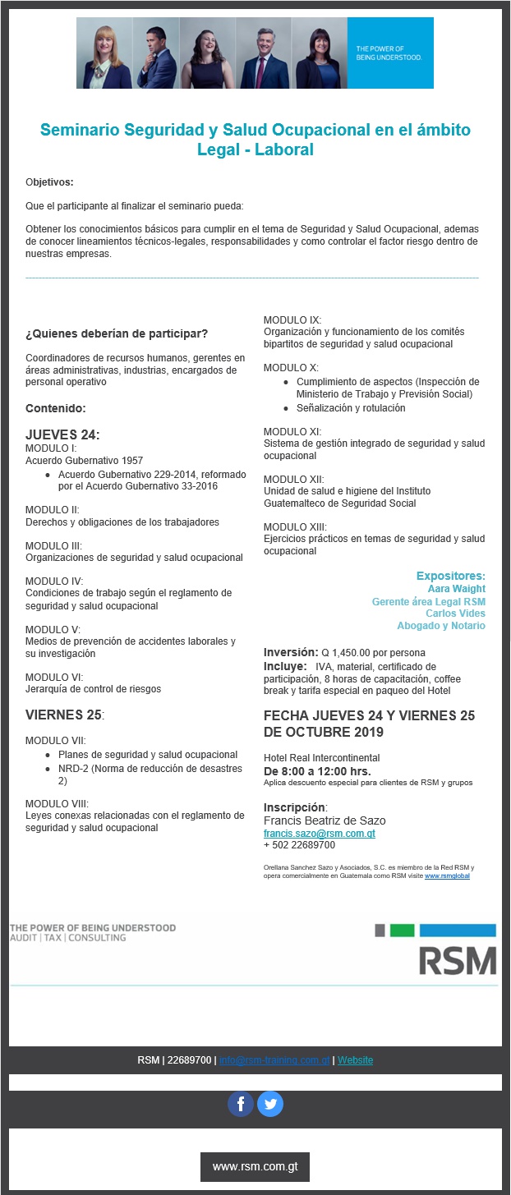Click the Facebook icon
[241, 1104]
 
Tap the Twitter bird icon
[270, 1104]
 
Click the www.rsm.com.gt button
[255, 1166]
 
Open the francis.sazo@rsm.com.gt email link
[320, 833]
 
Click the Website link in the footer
[355, 1060]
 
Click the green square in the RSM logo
[402, 931]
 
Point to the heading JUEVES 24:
[62, 434]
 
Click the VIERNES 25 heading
[64, 715]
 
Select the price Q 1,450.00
[349, 653]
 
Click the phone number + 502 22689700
[299, 845]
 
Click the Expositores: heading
[450, 576]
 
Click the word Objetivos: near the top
[49, 182]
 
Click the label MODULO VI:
[53, 676]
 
